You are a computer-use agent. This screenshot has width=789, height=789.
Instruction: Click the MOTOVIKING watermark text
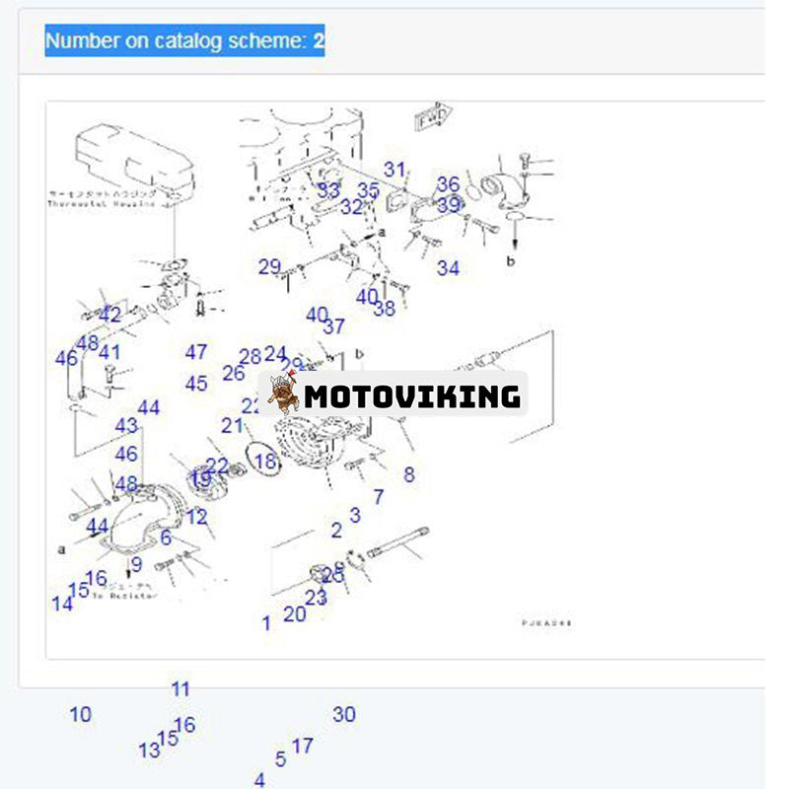pos(411,396)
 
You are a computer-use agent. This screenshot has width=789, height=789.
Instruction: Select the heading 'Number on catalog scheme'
pos(184,40)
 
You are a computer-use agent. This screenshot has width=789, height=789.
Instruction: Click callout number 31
pos(394,170)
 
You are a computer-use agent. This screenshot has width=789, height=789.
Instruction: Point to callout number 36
pos(449,184)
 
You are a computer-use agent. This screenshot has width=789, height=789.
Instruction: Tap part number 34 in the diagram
pos(449,267)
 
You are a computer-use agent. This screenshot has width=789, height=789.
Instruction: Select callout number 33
pos(328,190)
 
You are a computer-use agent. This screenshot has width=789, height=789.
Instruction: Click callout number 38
pos(384,309)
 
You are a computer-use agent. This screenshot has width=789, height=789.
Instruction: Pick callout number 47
pos(196,352)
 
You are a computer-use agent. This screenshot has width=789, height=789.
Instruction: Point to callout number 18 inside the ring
pos(264,461)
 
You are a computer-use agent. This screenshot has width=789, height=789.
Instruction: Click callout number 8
pos(409,474)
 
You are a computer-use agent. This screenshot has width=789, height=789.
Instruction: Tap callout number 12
pos(197,516)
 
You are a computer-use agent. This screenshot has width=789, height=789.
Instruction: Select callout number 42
pos(110,315)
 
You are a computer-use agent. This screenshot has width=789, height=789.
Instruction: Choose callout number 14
pos(62,604)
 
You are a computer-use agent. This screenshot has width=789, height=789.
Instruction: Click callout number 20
pos(295,613)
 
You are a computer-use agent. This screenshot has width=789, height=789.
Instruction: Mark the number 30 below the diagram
pos(344,714)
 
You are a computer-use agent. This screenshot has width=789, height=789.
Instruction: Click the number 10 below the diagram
pos(80,714)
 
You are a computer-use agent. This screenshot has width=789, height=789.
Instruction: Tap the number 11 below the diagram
pos(179,689)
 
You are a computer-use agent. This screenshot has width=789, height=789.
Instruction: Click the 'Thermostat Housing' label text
pos(102,203)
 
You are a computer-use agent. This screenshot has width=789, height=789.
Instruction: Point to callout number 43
pos(126,426)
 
